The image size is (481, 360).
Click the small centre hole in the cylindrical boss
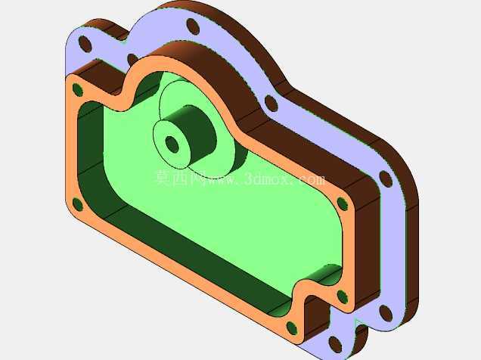coord(172,144)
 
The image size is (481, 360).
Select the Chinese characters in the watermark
coord(175,178)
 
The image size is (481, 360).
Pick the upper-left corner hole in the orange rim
coord(78,89)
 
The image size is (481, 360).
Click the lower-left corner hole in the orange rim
coord(78,204)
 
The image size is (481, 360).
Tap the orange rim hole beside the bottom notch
coord(292,327)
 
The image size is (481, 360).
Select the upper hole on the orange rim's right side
coord(343,204)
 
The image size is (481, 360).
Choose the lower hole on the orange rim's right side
coord(343,296)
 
